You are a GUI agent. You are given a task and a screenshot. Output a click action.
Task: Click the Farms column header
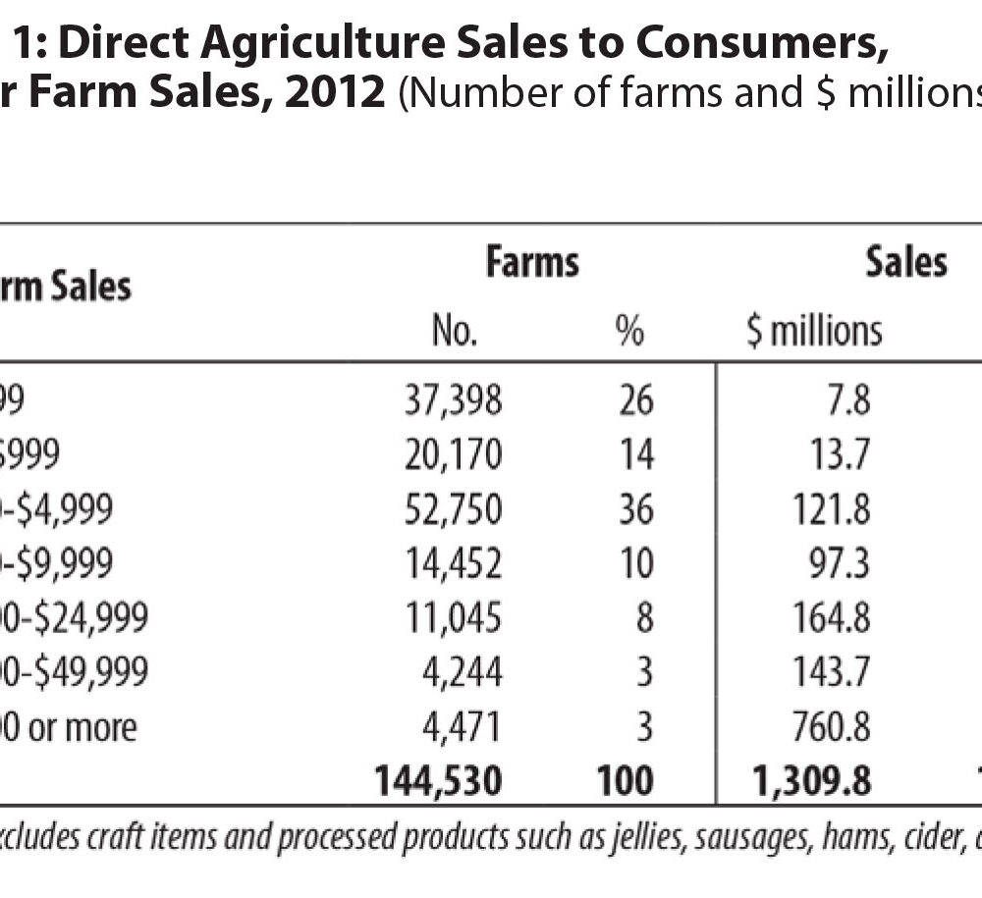(532, 263)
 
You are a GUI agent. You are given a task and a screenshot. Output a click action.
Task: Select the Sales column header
(905, 262)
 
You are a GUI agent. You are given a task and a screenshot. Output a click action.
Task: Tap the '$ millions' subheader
(814, 331)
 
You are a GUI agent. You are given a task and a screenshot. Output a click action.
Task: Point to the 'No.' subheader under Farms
(455, 332)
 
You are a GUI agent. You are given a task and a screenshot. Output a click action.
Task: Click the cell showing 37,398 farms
(454, 400)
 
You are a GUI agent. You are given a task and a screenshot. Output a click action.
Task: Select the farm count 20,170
(454, 454)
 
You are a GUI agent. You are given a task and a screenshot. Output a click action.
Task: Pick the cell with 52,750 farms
(454, 509)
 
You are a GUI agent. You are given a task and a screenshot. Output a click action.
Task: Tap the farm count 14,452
(454, 563)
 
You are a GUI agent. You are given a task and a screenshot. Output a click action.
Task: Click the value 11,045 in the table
(454, 618)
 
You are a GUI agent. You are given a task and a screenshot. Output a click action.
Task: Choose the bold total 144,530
(438, 781)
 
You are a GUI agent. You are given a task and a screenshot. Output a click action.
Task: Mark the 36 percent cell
(635, 509)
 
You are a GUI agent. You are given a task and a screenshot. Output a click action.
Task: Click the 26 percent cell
(635, 400)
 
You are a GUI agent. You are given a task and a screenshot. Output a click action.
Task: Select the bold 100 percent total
(625, 781)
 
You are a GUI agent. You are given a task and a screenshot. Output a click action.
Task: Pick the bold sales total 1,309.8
(813, 781)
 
